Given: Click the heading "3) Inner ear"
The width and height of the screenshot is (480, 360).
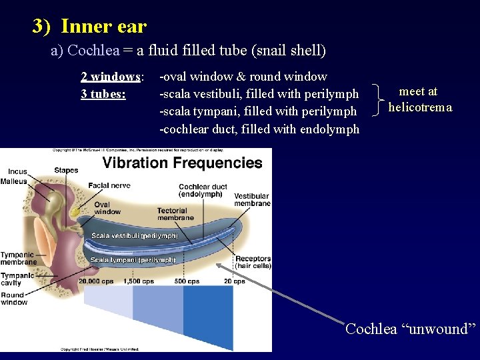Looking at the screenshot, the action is click(89, 27).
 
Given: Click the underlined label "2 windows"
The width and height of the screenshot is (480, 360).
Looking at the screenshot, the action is click(111, 76).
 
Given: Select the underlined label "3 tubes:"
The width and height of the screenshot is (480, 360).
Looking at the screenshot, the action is click(103, 93).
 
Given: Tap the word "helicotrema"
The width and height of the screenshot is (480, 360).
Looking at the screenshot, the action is click(420, 107).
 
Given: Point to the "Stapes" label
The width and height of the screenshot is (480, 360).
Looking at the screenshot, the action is click(66, 171).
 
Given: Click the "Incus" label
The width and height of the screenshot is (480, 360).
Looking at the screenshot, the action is click(14, 171).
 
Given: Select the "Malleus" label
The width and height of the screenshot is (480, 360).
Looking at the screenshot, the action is click(14, 181).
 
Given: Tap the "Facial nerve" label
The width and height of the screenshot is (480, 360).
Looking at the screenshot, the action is click(109, 185).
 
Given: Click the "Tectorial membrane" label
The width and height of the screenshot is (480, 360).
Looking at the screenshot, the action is click(175, 214).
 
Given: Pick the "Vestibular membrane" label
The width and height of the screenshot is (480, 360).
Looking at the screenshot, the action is click(252, 199).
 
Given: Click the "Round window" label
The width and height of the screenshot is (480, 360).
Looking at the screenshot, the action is click(13, 299).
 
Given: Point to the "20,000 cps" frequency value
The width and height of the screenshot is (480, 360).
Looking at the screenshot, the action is click(95, 281).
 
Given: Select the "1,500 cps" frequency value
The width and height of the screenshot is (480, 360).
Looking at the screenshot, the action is click(139, 281).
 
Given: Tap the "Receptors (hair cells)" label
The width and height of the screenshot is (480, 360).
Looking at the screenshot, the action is click(253, 262).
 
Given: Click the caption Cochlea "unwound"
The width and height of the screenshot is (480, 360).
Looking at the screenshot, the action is click(411, 329).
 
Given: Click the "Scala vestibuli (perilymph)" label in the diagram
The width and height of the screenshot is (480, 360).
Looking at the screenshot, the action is click(135, 235).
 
